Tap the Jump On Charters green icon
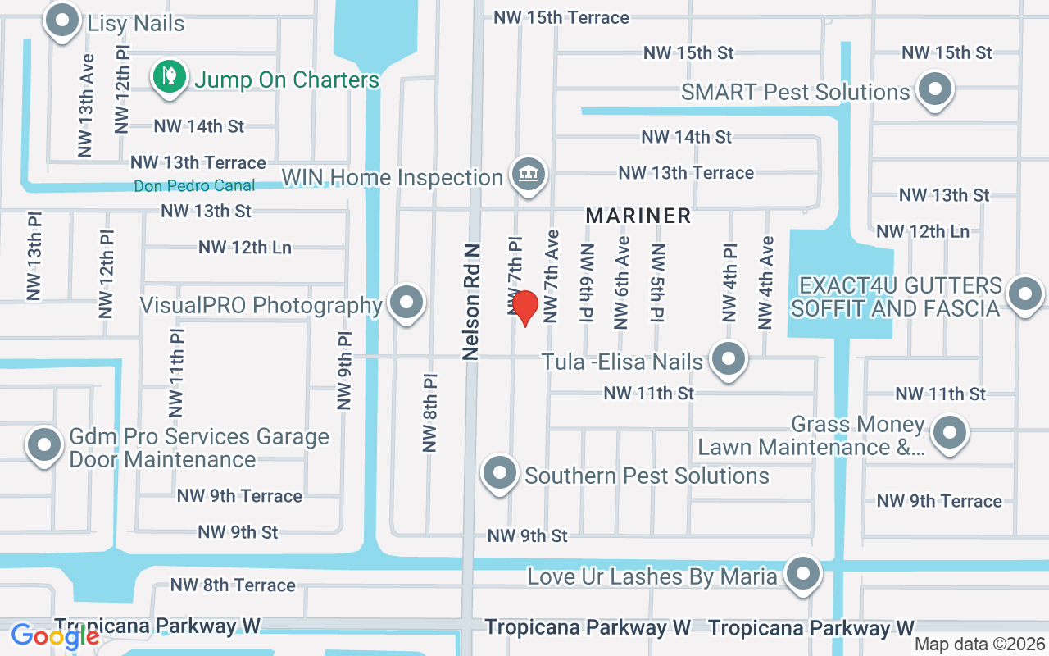169,77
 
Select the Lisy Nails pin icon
63,22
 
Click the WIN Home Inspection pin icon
529,174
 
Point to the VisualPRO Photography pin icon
406,303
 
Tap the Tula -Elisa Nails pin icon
727,358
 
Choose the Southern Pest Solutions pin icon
500,473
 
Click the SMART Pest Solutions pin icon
933,89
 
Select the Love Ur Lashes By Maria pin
803,574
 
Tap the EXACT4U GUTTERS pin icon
1024,294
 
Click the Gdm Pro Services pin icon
44,445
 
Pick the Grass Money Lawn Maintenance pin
950,431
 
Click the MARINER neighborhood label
638,216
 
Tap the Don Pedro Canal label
194,186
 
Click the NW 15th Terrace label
561,17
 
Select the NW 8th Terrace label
233,585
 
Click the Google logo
54,635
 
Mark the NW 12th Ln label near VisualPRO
244,247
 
